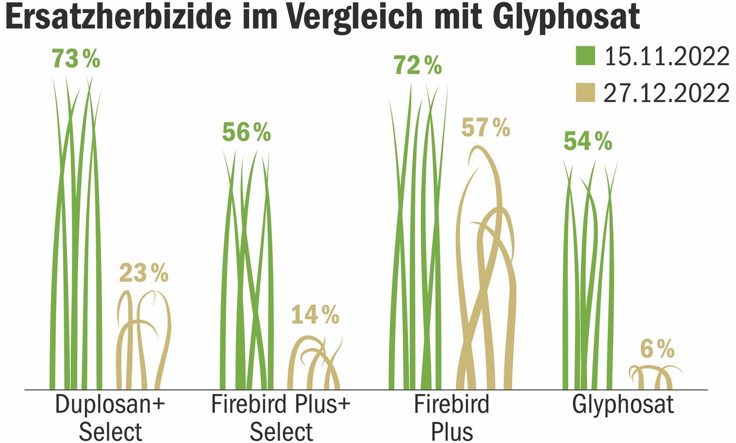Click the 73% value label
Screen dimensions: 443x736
pos(76,59)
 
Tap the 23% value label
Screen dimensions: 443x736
pos(144,273)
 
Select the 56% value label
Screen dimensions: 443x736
pos(246,132)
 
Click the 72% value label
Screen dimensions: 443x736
pos(417,66)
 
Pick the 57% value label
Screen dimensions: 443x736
pos(486,128)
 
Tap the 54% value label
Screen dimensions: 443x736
pos(588,141)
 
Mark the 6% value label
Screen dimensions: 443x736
pos(657,348)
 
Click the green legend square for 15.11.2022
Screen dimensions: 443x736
pos(585,56)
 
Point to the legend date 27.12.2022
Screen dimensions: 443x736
pos(666,93)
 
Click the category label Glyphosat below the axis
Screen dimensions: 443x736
pos(623,406)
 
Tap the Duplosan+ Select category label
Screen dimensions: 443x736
pos(110,418)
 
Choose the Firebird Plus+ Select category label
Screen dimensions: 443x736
pos(281,418)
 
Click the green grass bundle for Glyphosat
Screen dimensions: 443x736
pos(589,279)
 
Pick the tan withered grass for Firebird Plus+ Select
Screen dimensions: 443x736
pos(314,363)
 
